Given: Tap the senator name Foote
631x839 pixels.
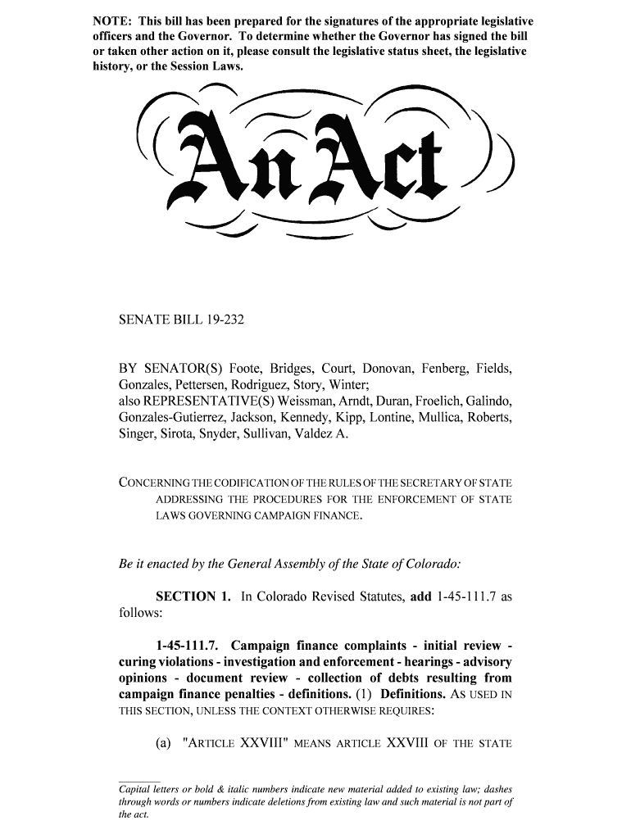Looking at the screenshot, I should [246, 369].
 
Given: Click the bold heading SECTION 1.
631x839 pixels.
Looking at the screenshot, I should [193, 596].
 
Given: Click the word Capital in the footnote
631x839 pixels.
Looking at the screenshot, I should [135, 789].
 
